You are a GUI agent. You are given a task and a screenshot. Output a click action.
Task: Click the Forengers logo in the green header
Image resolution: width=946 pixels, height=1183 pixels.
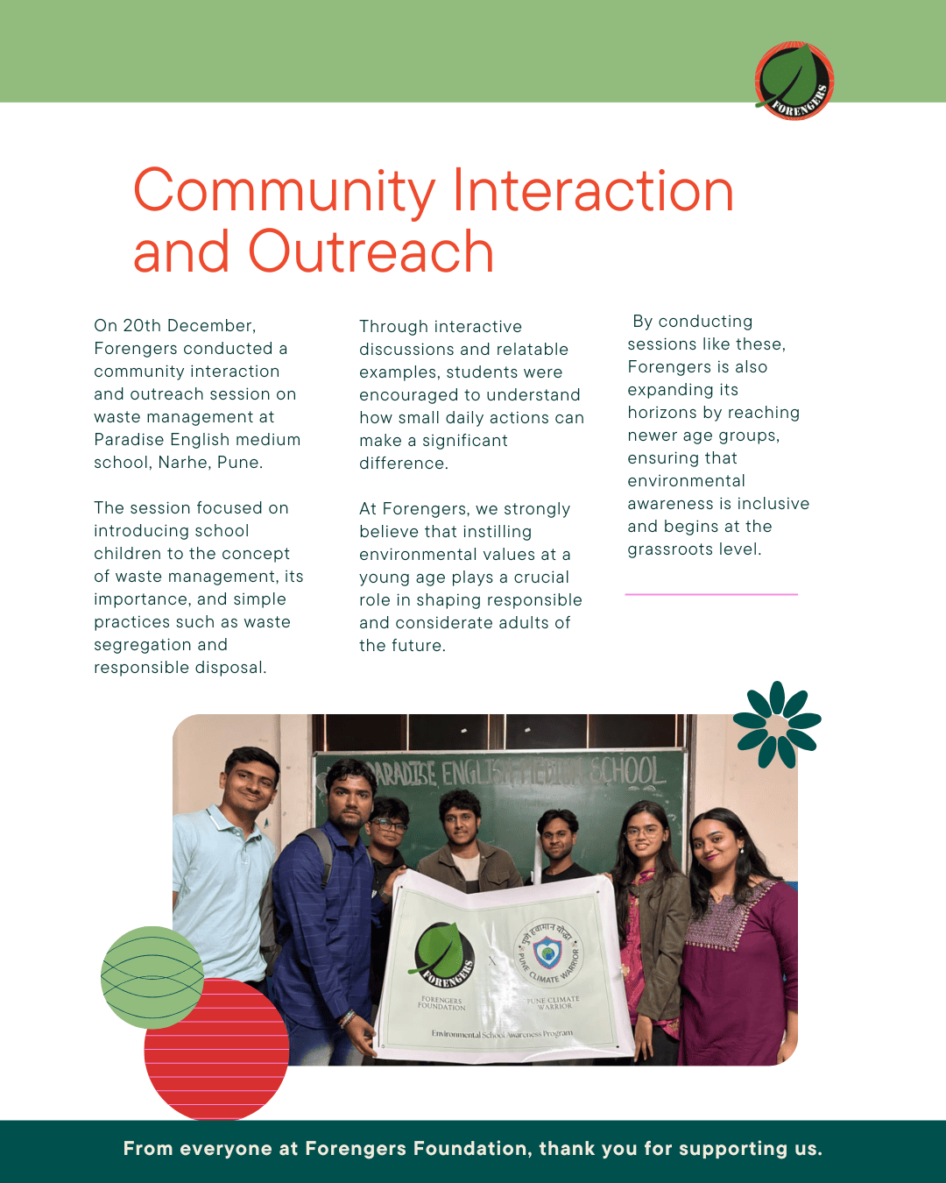point(794,81)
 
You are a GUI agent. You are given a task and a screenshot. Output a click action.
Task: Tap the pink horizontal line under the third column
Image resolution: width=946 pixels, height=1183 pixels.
point(711,594)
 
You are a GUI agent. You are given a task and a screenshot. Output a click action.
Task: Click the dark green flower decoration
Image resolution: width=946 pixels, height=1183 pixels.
point(777,724)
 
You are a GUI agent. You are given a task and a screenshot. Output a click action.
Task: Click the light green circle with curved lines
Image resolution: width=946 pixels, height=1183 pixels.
point(152,976)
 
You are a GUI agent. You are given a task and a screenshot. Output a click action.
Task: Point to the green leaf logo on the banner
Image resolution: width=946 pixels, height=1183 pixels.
point(441,956)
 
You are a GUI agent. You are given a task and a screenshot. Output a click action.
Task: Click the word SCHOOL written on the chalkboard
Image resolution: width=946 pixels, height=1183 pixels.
point(627,771)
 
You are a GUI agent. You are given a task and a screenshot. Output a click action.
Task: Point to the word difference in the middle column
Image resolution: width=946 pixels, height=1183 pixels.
point(403,464)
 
